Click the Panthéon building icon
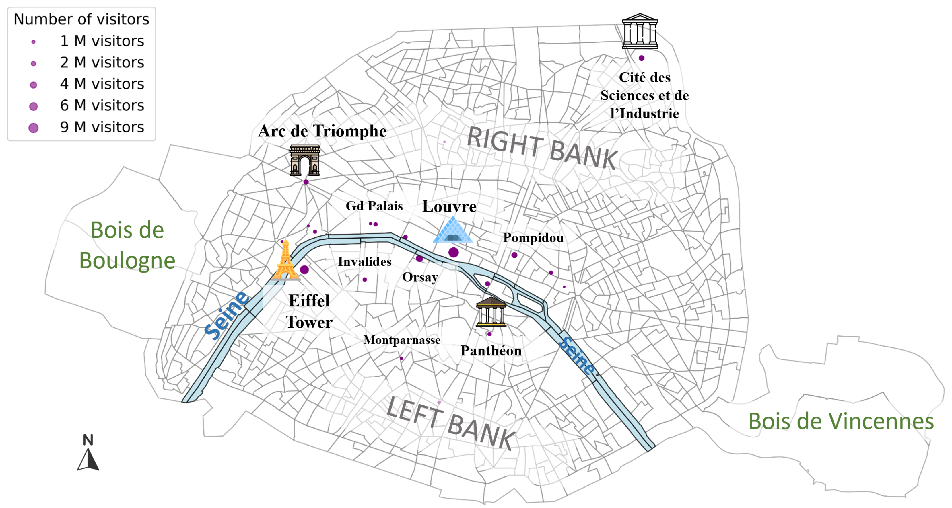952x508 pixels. coord(491,312)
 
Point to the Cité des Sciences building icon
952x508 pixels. coord(640,32)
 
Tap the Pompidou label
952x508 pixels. coord(533,237)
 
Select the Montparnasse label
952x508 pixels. coord(402,340)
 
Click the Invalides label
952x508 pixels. coord(364,261)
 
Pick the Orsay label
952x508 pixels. coord(420,277)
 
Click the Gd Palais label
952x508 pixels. coord(374,206)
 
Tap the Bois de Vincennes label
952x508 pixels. coord(841,421)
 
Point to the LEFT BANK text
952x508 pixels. coord(450,423)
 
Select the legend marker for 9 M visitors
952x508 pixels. coord(33,128)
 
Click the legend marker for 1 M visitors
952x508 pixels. coord(33,42)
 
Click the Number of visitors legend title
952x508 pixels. coord(81,19)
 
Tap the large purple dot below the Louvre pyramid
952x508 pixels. coord(453,253)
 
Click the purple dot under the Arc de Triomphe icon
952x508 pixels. coord(306,182)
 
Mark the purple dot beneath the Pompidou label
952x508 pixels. coord(514,255)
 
